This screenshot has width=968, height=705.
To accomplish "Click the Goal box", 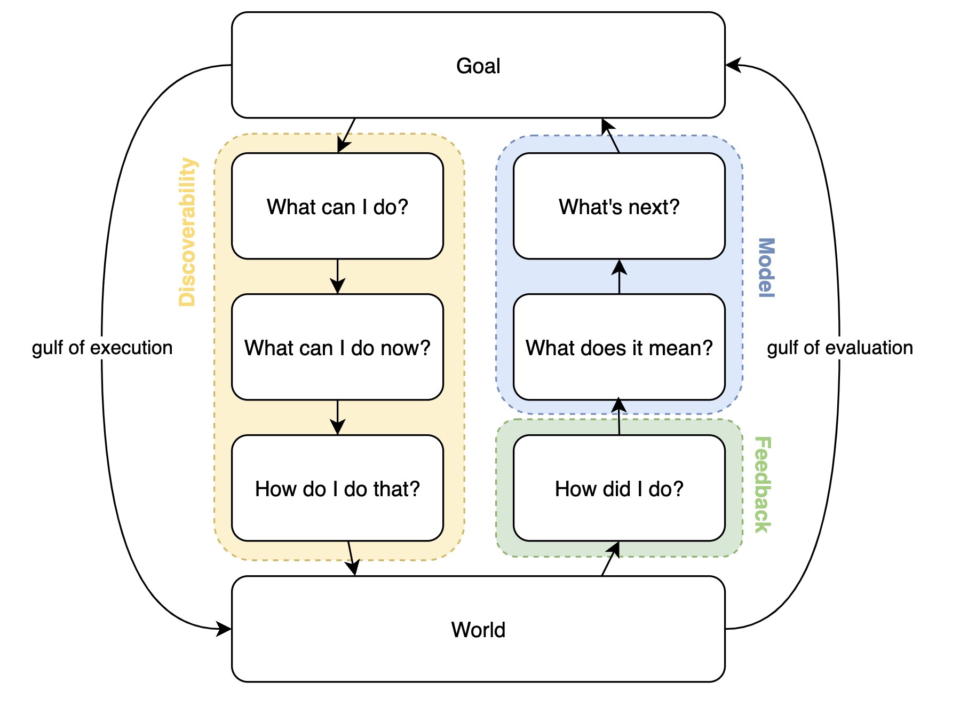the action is click(478, 65).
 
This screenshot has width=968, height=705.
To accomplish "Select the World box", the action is click(478, 629).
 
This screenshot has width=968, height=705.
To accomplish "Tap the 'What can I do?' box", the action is click(337, 206).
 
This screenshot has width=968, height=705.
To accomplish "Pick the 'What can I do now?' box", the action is click(337, 347).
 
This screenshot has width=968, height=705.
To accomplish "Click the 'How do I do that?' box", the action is click(337, 488).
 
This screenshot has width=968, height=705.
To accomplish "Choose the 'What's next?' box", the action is click(619, 206).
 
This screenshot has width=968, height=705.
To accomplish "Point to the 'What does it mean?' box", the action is click(619, 347).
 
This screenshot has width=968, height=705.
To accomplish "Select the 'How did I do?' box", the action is click(619, 488).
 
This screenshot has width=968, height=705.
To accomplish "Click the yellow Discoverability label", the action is click(188, 232).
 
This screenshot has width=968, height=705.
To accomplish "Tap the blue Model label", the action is click(766, 268).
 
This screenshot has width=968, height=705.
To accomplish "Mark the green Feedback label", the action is click(763, 485).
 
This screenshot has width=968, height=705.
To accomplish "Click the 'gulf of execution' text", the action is click(102, 348).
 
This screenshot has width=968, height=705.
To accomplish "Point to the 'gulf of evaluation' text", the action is click(840, 348).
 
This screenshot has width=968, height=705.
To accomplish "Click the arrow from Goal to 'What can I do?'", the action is click(346, 136).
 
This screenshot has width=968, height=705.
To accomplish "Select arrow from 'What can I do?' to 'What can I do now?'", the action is click(337, 277).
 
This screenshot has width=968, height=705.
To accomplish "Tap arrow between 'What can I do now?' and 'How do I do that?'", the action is click(337, 418).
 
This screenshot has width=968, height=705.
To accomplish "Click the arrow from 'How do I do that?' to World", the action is click(352, 559).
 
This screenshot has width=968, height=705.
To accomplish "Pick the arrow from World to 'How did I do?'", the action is click(610, 559).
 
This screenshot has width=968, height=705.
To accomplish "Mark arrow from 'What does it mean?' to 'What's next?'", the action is click(619, 277).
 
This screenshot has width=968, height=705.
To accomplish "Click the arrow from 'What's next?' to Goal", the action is click(610, 136).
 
